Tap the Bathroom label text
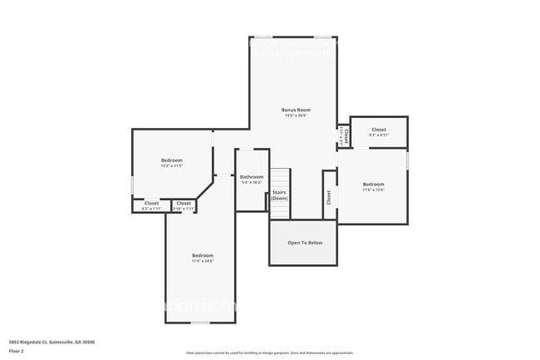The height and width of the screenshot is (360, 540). coord(252,177)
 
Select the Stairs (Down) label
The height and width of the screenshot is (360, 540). coord(280,195)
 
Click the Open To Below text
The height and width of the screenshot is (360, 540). coord(305,243)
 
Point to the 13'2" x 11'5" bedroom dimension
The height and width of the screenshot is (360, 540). coord(172,165)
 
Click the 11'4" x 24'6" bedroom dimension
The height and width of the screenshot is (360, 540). coord(203,261)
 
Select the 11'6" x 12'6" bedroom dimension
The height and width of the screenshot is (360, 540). coord(373,190)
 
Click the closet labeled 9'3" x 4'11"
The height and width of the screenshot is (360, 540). coord(379,132)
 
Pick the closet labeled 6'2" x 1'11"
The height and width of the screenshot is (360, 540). coord(152,205)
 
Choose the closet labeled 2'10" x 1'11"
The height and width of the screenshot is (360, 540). coord(184,205)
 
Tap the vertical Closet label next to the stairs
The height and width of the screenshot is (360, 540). coord(329,197)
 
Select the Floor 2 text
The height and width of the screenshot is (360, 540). coord(17,351)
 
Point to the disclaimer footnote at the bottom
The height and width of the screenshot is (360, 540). coord(269,353)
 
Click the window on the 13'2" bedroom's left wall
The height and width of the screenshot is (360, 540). coord(133,185)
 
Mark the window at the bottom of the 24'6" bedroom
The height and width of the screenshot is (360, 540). coord(199,322)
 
